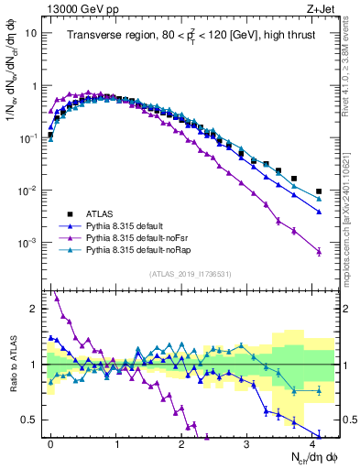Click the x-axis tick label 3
point(246,442)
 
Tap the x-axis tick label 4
point(312,442)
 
